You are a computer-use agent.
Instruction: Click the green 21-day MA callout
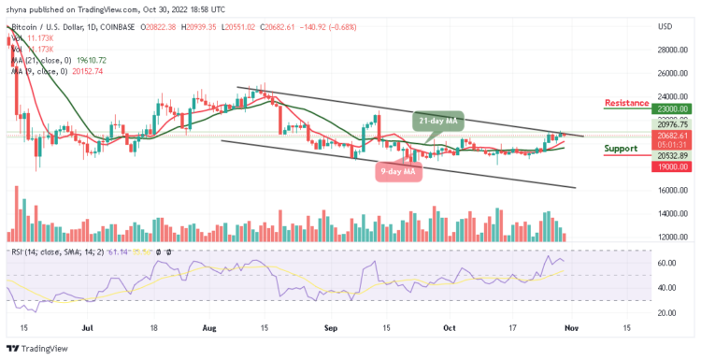point(437,120)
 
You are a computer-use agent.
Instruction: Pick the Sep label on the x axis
point(330,328)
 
